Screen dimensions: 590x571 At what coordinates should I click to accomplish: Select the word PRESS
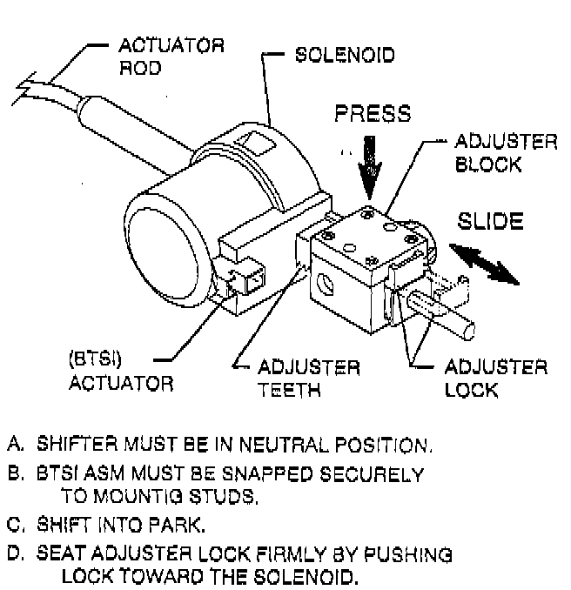click(x=372, y=115)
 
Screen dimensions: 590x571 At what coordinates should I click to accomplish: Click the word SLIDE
click(x=491, y=221)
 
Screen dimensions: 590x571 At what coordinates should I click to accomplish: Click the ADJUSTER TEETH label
click(x=309, y=378)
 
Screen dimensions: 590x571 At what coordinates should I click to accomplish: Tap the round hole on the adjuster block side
click(x=326, y=283)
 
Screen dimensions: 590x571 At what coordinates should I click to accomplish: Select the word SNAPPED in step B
click(x=266, y=475)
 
